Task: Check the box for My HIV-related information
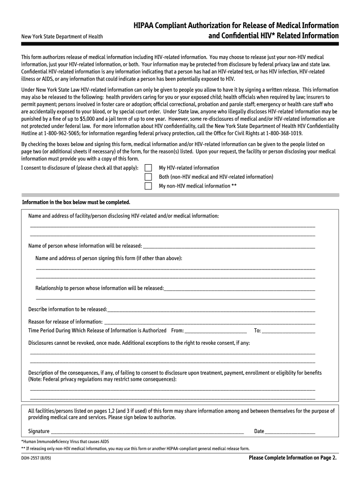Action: point(148,168)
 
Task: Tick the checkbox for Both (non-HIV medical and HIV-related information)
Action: point(148,177)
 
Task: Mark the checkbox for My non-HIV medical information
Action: point(148,186)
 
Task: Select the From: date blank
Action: point(216,331)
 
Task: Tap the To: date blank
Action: point(288,331)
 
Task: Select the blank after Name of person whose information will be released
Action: point(229,247)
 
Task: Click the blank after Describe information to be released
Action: point(211,310)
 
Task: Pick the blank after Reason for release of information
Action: point(209,322)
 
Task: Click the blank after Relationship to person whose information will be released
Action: point(239,289)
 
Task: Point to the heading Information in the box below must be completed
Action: point(76,202)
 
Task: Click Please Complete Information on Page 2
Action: point(292,458)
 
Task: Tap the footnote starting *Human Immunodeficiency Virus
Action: point(65,441)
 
